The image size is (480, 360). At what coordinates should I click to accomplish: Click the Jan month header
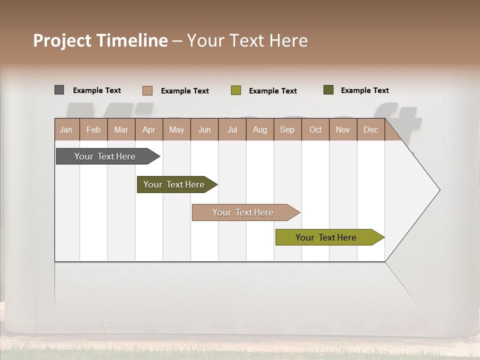click(66, 129)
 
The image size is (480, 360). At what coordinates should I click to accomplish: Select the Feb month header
click(93, 129)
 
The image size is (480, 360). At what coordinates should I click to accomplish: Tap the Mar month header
click(121, 129)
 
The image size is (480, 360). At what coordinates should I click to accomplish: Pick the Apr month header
click(149, 129)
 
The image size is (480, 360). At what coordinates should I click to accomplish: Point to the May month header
click(176, 129)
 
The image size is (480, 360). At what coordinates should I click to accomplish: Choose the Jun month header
click(204, 129)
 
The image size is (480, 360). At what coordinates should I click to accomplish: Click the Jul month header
click(232, 129)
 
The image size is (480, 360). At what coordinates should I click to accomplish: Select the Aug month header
click(260, 129)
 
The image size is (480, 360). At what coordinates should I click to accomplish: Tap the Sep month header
click(287, 129)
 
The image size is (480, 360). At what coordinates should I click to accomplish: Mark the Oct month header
click(315, 129)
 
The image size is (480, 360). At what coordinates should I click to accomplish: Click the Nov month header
click(343, 129)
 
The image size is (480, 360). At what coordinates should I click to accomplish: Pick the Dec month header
click(371, 129)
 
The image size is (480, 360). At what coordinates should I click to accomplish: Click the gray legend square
click(59, 90)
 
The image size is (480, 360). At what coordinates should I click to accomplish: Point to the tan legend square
click(147, 90)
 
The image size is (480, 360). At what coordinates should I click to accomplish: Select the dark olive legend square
click(328, 90)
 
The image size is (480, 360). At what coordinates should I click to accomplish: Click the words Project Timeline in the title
click(100, 40)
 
